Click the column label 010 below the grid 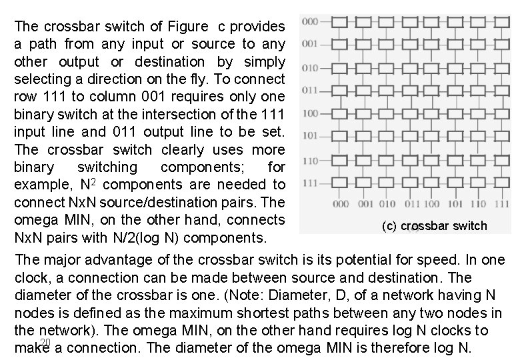click(x=387, y=203)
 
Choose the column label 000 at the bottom click(x=340, y=203)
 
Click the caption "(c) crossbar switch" click(x=435, y=226)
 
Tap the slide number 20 click(x=45, y=343)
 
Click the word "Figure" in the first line click(x=187, y=27)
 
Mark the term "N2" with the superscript click(x=87, y=183)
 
